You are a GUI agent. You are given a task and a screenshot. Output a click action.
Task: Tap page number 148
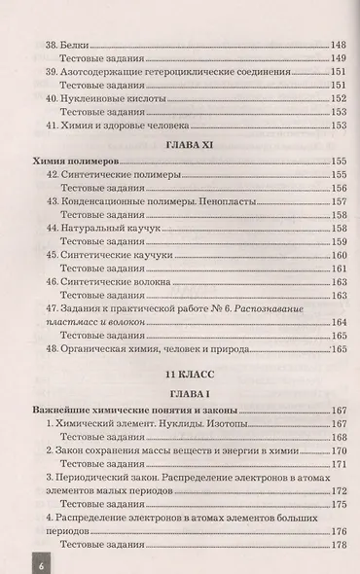tap(338, 44)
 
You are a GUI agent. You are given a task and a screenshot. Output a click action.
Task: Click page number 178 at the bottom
tap(339, 545)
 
